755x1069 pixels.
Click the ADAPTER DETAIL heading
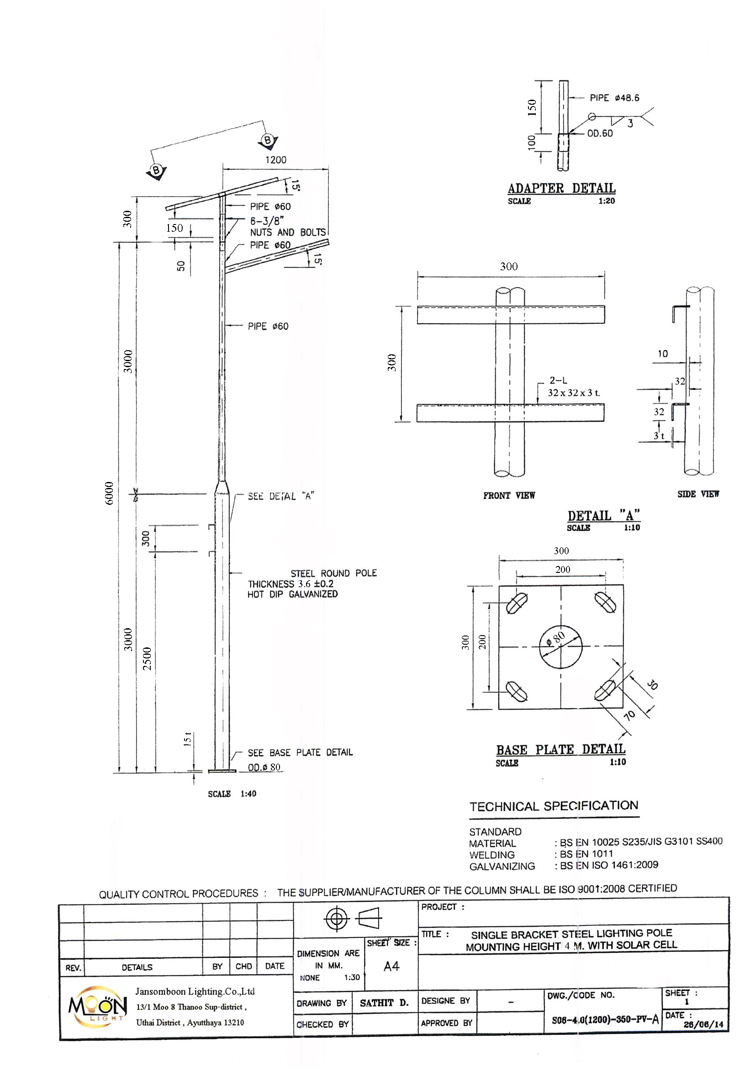coord(561,188)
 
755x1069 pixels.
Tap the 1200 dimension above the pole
coord(276,160)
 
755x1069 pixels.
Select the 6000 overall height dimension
coord(109,493)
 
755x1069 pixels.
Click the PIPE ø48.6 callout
coord(614,98)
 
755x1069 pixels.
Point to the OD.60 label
coord(600,134)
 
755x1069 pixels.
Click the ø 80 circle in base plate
coord(560,647)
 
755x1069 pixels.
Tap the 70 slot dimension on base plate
coord(629,715)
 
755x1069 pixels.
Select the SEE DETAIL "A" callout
coord(281,497)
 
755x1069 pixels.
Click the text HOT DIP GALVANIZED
coord(293,594)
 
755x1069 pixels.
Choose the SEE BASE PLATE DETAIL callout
coord(300,753)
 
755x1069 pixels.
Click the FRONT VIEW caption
coord(509,496)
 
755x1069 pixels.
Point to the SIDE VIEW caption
coord(698,494)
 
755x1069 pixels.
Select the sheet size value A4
coord(391,967)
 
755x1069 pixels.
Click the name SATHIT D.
coord(384,1003)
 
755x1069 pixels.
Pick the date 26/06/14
coord(703,1025)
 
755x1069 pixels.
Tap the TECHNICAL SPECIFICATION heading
coord(554,807)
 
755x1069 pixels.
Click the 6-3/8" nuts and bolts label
coord(288,227)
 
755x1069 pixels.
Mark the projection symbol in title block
coord(353,919)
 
